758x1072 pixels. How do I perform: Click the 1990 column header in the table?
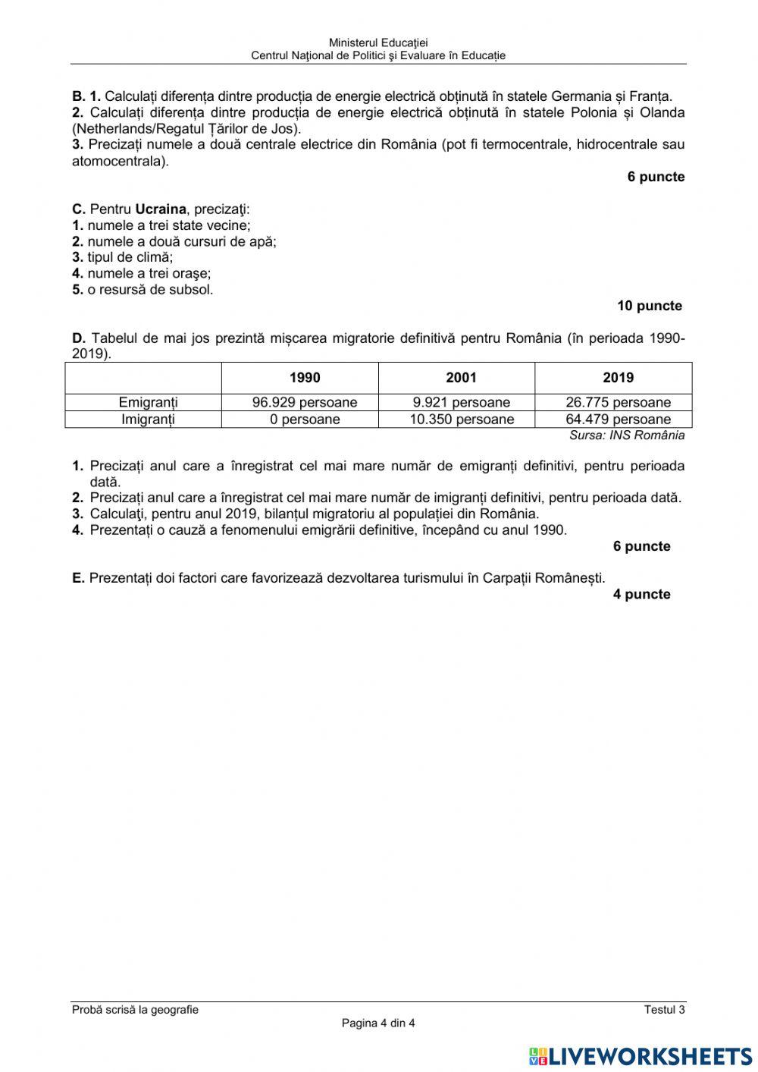305,378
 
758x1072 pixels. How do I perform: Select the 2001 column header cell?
461,378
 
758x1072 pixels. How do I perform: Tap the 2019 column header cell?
618,378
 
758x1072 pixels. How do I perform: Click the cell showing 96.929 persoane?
305,402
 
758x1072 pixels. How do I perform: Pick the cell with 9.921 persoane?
461,402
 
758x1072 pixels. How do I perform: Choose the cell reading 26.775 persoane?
618,402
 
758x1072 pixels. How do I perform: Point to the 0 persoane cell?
305,419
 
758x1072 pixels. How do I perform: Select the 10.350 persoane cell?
461,419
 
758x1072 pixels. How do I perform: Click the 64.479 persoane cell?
618,419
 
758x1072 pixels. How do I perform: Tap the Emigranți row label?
148,402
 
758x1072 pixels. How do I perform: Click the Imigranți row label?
148,419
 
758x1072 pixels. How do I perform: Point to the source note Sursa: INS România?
627,435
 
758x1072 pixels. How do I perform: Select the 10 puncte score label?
650,306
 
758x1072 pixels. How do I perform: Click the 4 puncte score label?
641,594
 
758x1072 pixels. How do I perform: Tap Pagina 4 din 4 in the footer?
378,1023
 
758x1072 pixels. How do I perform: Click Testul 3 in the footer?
664,1009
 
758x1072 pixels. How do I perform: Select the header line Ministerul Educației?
378,43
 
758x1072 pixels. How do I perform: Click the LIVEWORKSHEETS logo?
641,1055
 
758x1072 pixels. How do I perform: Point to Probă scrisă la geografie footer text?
135,1009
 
